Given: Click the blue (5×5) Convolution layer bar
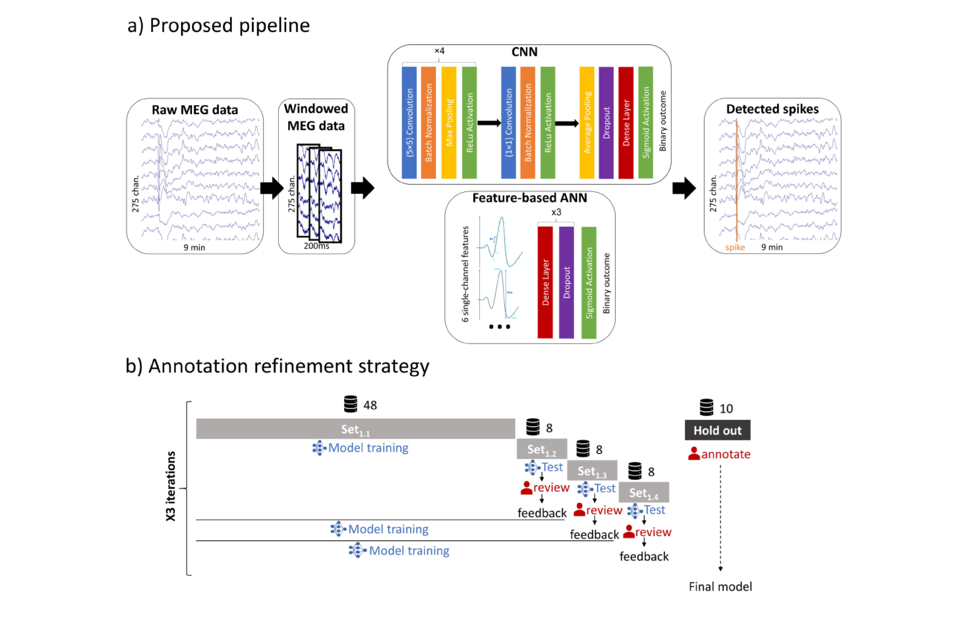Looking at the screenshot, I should coord(409,123).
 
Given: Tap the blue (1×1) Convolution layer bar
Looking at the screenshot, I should coord(508,123).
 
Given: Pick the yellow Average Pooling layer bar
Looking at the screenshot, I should coord(587,123).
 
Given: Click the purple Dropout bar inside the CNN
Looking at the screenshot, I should coord(606,123).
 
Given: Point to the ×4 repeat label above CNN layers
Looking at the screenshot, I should coord(439,51).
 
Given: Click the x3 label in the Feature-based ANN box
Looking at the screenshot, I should coord(556,212).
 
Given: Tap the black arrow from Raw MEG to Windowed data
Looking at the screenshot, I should coord(272,188).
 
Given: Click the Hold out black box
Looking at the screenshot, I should coord(717,430).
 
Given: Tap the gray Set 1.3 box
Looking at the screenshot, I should coord(592,471).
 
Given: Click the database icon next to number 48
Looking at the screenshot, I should coord(350,404).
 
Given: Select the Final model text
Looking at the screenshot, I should coord(720,587).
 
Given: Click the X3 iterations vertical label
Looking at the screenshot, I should coord(171,486).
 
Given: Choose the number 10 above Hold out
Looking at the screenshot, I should coord(726,409).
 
